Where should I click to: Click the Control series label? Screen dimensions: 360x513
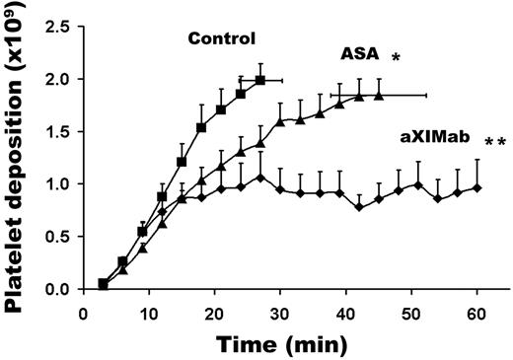pyautogui.click(x=223, y=39)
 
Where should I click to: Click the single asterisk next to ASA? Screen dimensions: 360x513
pyautogui.click(x=396, y=60)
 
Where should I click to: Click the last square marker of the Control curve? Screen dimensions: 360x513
pyautogui.click(x=260, y=80)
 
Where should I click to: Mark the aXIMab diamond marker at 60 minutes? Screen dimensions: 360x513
pyautogui.click(x=476, y=187)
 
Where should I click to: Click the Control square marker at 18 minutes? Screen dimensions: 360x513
pyautogui.click(x=201, y=127)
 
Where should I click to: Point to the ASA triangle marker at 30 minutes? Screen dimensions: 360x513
pyautogui.click(x=280, y=121)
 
